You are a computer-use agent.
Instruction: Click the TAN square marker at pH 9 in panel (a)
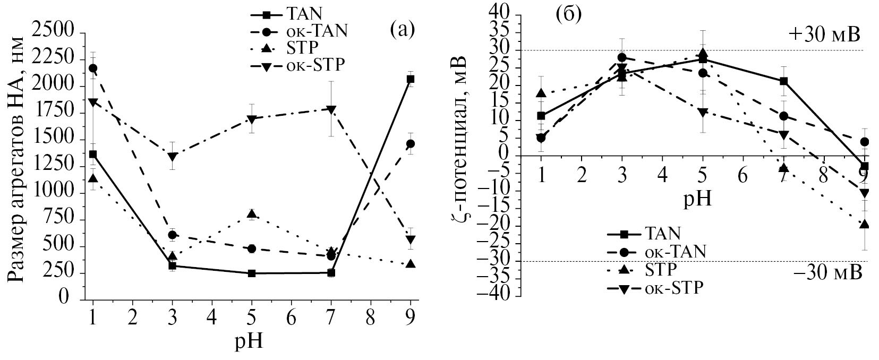pos(410,79)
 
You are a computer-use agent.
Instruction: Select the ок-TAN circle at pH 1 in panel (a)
pos(93,68)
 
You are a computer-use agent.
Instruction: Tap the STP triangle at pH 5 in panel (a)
pos(252,214)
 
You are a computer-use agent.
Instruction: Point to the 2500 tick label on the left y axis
pos(55,33)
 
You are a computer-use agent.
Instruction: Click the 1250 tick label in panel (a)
pos(55,167)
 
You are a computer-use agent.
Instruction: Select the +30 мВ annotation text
pos(823,35)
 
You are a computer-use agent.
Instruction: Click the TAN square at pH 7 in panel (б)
pos(783,81)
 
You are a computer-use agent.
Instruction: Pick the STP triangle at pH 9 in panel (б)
pos(864,224)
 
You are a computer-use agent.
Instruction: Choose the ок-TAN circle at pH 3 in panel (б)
pos(622,57)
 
